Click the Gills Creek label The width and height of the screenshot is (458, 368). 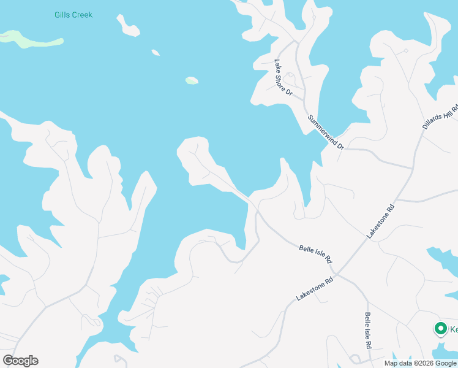(x=72, y=15)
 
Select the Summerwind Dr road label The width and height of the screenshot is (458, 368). (x=326, y=132)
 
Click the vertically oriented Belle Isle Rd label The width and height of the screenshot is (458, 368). (x=368, y=331)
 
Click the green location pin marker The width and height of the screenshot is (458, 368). (x=440, y=329)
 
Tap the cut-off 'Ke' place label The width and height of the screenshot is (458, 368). (x=454, y=329)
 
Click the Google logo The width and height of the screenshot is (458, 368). (x=20, y=361)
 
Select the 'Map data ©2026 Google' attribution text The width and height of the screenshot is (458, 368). (x=420, y=363)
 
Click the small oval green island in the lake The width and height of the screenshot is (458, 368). (x=192, y=80)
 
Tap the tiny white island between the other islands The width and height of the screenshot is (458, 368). (x=156, y=53)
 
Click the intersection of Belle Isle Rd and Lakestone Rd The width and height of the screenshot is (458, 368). (x=336, y=270)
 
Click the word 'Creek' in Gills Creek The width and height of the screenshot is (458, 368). (x=82, y=15)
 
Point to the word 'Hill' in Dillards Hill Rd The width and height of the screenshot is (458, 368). (x=444, y=109)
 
